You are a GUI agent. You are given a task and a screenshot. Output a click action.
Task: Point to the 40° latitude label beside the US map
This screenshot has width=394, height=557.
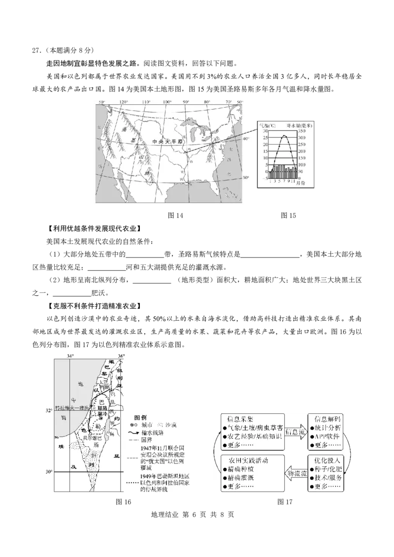pyautogui.click(x=245, y=139)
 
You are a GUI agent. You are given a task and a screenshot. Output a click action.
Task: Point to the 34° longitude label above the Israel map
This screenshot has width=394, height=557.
pyautogui.click(x=70, y=354)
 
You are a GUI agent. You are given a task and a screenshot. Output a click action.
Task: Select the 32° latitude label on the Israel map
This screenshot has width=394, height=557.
pyautogui.click(x=48, y=409)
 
